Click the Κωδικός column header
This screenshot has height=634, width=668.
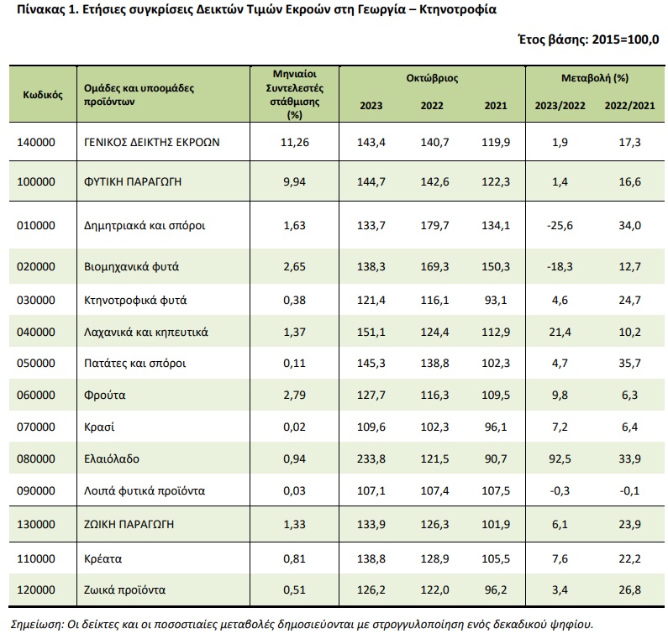coord(43,95)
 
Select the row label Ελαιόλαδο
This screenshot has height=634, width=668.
coord(112,458)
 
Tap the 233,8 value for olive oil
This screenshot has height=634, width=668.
coord(371,458)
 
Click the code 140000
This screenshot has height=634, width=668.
coord(36,142)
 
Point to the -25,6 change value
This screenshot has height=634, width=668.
coord(560,225)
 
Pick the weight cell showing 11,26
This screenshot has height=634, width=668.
coord(294,142)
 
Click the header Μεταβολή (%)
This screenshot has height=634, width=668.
coord(595,78)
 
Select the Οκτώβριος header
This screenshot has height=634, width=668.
coord(432,78)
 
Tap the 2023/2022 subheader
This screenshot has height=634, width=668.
coord(560,106)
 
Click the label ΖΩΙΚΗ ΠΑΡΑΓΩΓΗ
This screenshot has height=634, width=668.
coord(129,524)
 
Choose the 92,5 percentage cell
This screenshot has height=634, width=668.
coord(560,458)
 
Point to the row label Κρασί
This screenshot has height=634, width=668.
coord(99,427)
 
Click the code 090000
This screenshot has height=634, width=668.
coord(36,490)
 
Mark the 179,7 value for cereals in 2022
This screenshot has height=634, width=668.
coord(434,225)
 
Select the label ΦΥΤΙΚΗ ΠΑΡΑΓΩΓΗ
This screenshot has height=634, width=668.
coord(133,182)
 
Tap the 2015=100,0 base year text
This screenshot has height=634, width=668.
coord(625,39)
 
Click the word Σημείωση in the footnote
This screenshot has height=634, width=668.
coord(36,624)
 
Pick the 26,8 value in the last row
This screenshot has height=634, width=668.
coord(629,589)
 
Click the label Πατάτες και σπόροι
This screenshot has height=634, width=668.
coord(135,364)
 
